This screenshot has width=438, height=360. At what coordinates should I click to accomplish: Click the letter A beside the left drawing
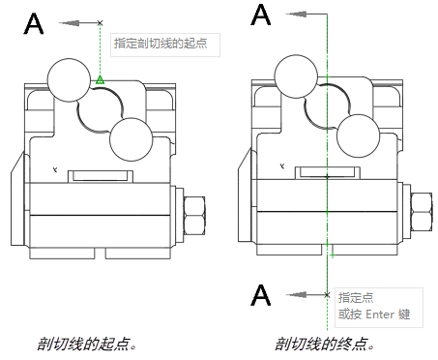[x=34, y=23]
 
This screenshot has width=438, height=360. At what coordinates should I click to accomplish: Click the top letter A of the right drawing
[x=261, y=15]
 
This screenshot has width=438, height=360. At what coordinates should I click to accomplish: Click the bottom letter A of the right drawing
[x=261, y=295]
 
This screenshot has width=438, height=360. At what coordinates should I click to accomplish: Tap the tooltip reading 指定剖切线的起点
[x=165, y=45]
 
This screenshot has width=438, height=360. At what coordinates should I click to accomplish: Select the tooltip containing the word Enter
[x=379, y=308]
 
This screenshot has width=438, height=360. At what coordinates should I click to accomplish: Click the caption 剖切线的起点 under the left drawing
[x=86, y=344]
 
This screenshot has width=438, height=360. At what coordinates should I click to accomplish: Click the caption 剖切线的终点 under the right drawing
[x=324, y=344]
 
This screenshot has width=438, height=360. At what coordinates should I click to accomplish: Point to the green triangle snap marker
[x=100, y=79]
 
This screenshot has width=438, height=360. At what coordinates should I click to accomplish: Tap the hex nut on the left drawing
[x=194, y=216]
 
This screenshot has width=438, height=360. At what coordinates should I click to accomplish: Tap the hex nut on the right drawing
[x=422, y=212]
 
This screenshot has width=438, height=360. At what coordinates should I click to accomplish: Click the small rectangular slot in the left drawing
[x=101, y=176]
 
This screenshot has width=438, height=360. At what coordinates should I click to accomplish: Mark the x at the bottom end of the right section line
[x=327, y=295]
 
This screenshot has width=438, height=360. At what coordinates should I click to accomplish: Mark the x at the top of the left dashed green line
[x=100, y=23]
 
